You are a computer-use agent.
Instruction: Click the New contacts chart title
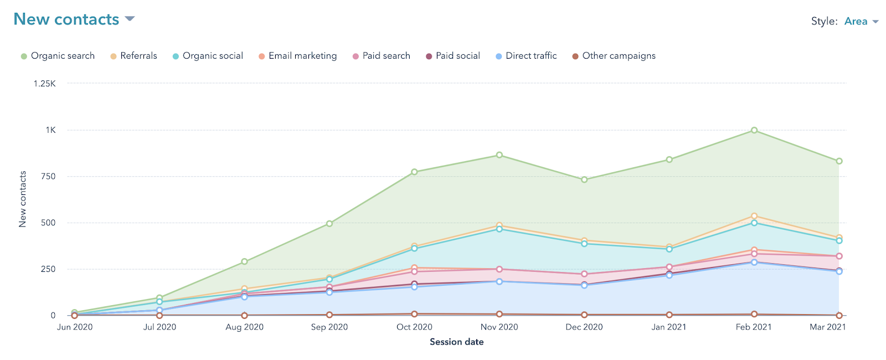point(66,19)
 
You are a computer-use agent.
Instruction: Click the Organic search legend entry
point(58,56)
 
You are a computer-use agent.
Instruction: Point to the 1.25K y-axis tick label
point(45,84)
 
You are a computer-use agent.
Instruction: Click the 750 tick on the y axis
point(48,177)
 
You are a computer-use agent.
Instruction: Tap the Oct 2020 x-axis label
point(414,327)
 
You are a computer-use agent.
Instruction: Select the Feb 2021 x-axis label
point(754,327)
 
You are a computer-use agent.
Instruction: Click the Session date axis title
point(457,342)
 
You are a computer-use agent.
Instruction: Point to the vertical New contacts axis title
point(23,199)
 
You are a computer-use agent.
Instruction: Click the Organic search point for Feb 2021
point(754,130)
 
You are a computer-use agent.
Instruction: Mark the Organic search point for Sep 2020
point(329,224)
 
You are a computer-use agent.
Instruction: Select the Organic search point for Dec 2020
point(584,179)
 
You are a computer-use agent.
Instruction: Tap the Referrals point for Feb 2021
point(754,216)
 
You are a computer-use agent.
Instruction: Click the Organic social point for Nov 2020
point(499,229)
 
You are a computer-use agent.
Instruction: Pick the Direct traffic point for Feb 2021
point(754,263)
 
